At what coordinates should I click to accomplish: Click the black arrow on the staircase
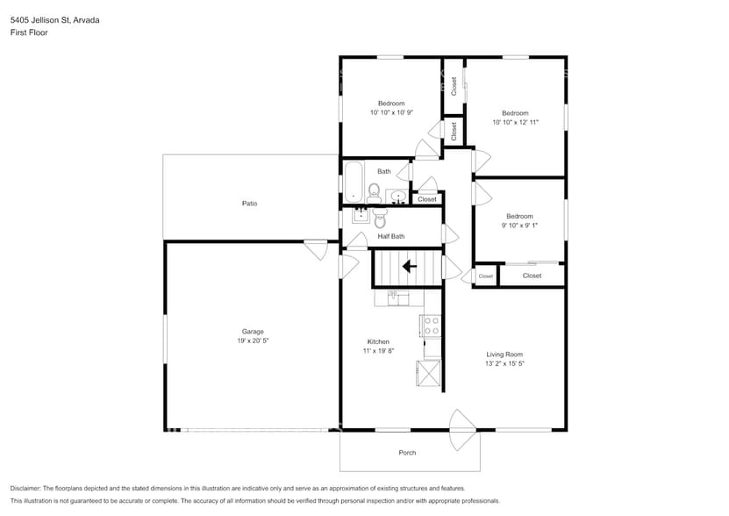[409, 266]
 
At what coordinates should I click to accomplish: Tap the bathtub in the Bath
[353, 181]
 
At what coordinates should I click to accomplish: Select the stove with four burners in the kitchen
[432, 326]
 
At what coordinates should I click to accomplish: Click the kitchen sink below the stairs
[398, 298]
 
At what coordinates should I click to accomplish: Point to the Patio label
[250, 204]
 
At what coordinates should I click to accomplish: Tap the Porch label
[407, 453]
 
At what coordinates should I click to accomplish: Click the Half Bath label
[391, 236]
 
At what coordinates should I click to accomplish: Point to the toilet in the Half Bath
[380, 218]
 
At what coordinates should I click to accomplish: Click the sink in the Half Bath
[360, 214]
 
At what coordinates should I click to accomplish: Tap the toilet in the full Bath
[374, 191]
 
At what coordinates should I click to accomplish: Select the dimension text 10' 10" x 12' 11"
[515, 123]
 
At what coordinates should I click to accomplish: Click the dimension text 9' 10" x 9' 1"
[518, 226]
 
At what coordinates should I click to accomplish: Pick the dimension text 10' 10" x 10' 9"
[391, 113]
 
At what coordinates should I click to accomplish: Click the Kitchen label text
[378, 341]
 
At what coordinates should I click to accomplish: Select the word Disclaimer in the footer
[29, 488]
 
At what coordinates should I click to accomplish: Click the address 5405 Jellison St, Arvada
[54, 19]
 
